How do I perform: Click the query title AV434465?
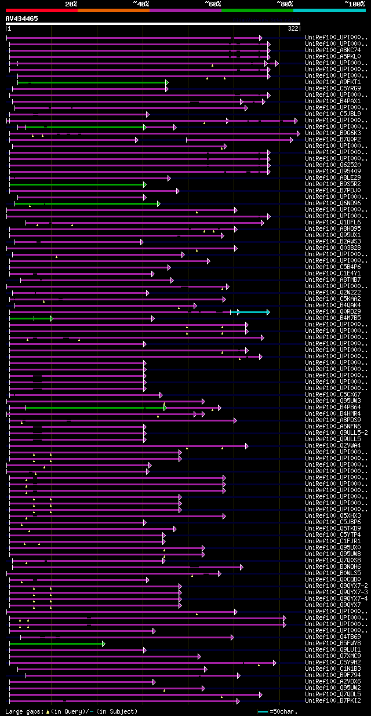(x=22, y=19)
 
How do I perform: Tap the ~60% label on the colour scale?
(x=213, y=4)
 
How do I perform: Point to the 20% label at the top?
(x=71, y=4)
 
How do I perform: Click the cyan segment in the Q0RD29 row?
(x=254, y=312)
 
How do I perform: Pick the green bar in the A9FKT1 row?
(x=92, y=82)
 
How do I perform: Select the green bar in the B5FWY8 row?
(x=56, y=644)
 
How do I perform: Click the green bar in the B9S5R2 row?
(x=77, y=184)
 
